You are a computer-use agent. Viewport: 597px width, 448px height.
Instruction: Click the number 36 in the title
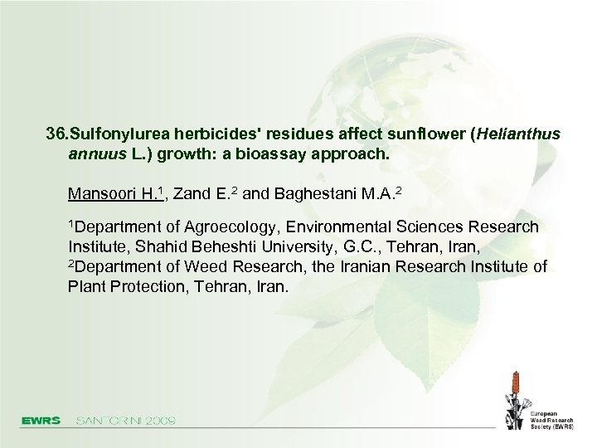point(56,134)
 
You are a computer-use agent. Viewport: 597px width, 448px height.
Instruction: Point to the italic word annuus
point(96,154)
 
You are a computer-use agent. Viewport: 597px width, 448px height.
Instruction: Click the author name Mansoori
point(103,194)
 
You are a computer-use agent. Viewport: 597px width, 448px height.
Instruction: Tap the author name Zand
point(192,194)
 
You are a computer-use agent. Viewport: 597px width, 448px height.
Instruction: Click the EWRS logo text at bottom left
point(41,420)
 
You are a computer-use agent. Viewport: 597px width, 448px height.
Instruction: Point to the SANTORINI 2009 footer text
point(125,420)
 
